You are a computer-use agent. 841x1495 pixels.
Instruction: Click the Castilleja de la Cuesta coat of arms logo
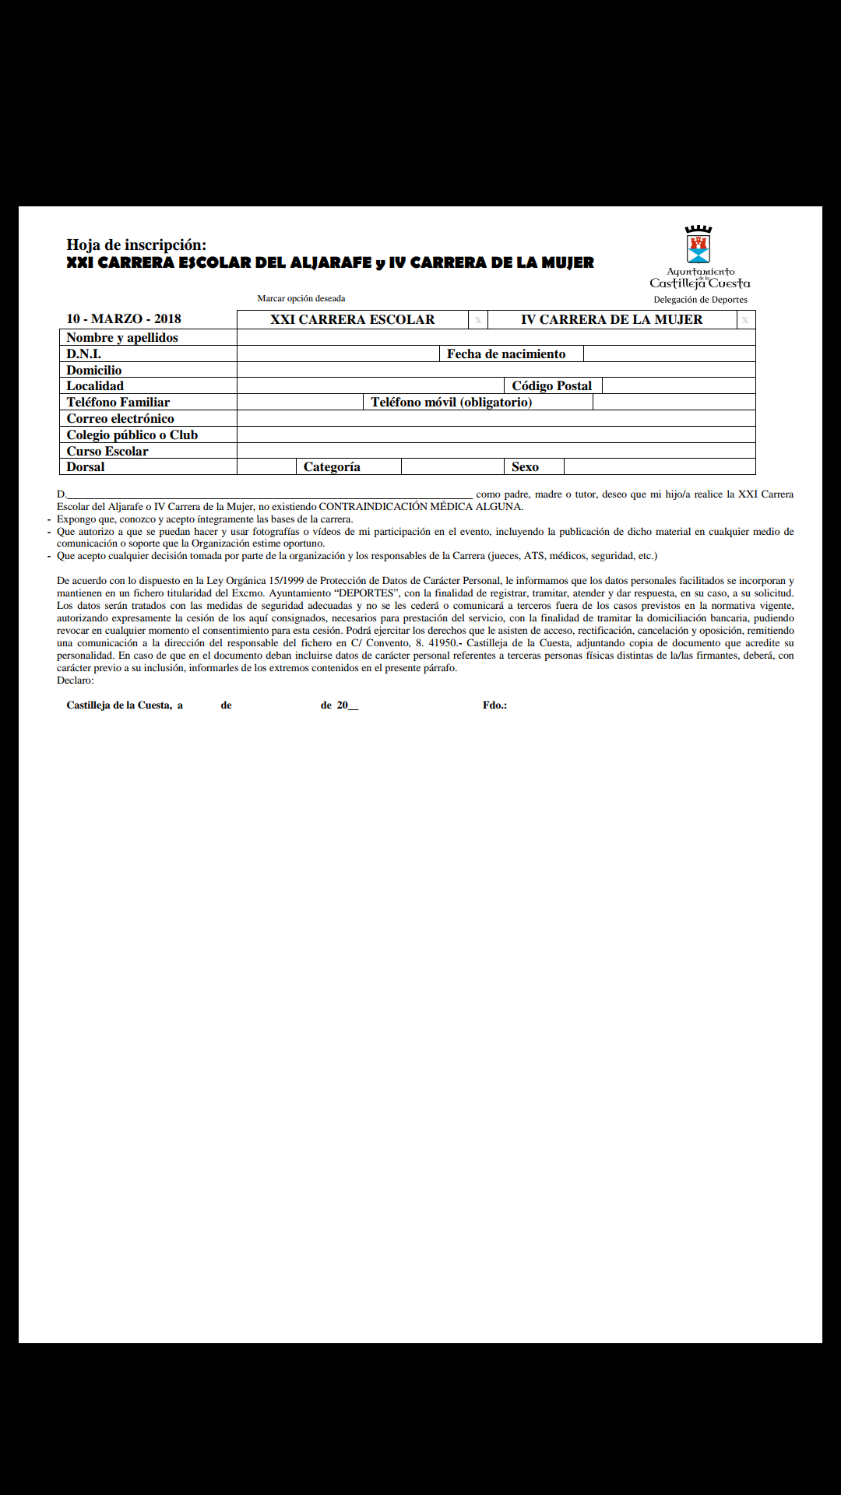point(698,246)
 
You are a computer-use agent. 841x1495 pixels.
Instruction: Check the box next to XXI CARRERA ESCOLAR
point(478,320)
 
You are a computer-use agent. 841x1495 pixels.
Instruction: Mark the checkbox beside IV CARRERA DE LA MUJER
point(745,320)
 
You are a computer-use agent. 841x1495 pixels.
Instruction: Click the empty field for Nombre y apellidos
point(496,337)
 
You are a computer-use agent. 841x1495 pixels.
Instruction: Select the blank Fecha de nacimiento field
point(669,354)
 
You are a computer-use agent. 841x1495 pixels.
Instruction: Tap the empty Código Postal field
point(678,385)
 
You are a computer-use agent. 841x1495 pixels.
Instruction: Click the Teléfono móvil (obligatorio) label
point(452,402)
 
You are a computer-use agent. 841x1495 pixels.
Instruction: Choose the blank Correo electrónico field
point(496,418)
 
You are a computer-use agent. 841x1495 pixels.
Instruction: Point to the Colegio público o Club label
point(132,434)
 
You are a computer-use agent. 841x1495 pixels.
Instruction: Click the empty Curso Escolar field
point(496,451)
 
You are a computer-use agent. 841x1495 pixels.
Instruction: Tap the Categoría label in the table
point(332,466)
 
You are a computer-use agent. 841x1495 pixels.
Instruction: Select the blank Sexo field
point(659,466)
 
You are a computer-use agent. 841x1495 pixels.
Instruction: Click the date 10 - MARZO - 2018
point(124,318)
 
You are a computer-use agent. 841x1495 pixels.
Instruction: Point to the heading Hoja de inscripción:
point(136,244)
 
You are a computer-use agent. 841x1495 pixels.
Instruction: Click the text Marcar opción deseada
point(301,298)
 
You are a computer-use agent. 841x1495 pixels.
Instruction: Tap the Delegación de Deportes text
point(700,300)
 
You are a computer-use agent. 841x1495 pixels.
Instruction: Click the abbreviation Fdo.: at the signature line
point(494,705)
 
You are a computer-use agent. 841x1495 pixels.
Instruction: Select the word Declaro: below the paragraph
point(76,680)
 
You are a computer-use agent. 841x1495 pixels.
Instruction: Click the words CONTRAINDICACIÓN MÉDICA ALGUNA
point(420,506)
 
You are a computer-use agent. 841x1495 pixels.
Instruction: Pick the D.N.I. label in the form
point(84,354)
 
